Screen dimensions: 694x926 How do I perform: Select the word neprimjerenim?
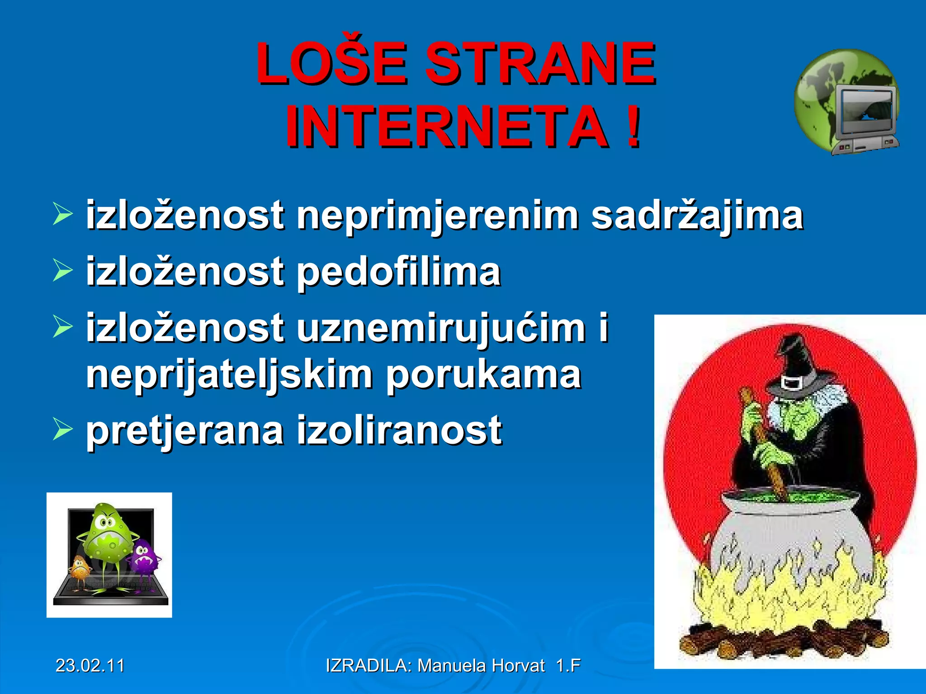click(x=437, y=216)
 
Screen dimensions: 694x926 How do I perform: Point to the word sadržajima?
click(x=697, y=216)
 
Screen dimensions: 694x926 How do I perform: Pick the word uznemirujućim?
click(x=441, y=328)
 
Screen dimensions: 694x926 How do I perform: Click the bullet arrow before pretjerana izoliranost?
click(x=62, y=429)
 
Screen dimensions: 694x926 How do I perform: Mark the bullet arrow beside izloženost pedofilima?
click(x=62, y=271)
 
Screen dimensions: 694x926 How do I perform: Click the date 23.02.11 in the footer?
click(x=90, y=666)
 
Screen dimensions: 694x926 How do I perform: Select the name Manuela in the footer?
click(x=452, y=666)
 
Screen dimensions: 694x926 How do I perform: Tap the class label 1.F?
click(x=568, y=666)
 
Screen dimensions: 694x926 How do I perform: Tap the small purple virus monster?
click(x=144, y=558)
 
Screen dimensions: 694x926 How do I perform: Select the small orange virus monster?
click(x=80, y=567)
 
